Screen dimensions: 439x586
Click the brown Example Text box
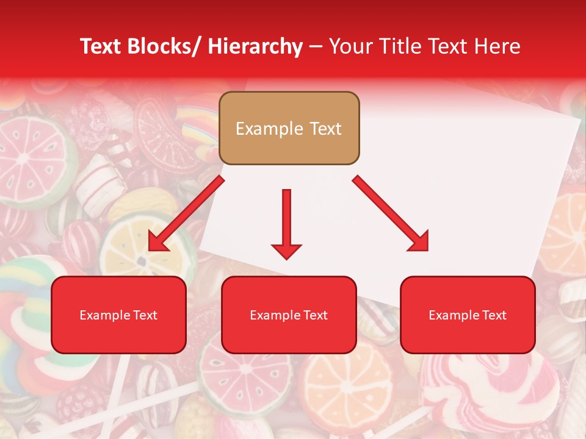pos(289,128)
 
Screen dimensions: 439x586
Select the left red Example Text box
pos(118,315)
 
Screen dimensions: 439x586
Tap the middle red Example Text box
pos(289,315)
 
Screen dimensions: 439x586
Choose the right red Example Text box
pos(468,315)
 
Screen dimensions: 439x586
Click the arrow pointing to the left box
pos(186,213)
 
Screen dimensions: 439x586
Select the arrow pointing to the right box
pos(391,213)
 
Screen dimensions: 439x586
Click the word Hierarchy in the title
pos(255,46)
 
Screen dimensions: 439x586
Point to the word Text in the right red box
pos(494,315)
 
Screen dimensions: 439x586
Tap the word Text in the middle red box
pos(315,315)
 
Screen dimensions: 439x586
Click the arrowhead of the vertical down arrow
pos(286,251)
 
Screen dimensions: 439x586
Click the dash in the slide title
pos(316,46)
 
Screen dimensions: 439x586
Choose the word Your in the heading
pos(350,46)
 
